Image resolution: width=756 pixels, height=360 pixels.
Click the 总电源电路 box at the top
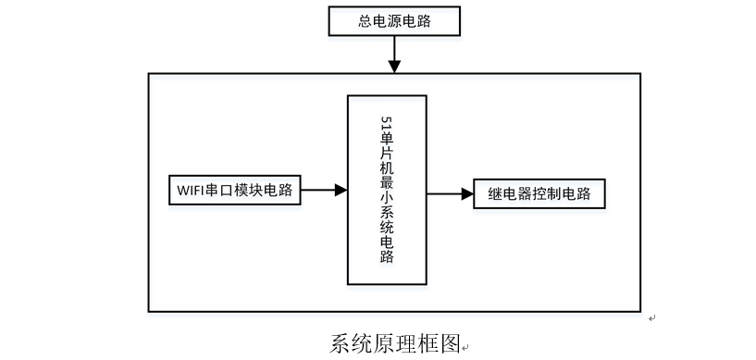[x=393, y=20]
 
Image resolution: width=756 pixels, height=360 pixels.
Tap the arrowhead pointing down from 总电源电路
[x=394, y=66]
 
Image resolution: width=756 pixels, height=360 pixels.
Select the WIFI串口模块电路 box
[x=234, y=191]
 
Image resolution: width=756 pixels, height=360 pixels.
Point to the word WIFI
[x=190, y=191]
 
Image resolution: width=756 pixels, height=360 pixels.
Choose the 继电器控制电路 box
[x=539, y=194]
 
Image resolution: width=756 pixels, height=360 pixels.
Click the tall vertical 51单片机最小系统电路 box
[x=386, y=190]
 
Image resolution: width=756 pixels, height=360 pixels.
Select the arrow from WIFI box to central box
[x=324, y=191]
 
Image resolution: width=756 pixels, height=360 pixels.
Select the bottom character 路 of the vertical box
[x=387, y=256]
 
